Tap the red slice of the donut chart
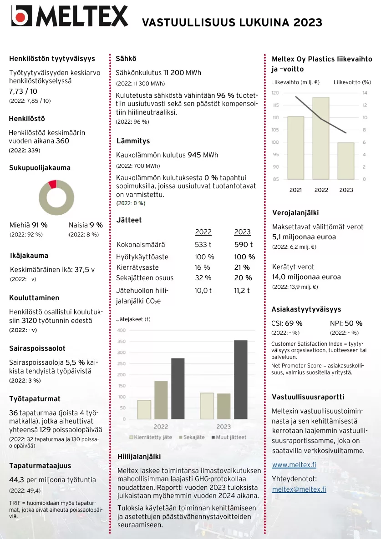coord(53,184)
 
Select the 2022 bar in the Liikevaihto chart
coord(321,138)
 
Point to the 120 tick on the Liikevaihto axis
coord(275,93)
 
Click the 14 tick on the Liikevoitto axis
coord(364,93)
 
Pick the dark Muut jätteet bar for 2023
coord(240,379)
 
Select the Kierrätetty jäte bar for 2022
coord(144,409)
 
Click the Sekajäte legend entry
coord(193,437)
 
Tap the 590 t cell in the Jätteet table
coord(243,245)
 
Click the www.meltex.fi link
coord(294,465)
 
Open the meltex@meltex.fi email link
coord(299,489)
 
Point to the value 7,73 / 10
coord(24,91)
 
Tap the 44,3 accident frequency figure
coord(17,480)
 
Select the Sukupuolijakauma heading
coord(40,168)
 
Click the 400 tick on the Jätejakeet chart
coord(122,330)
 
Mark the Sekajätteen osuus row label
coord(145,278)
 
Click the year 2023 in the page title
coord(308,23)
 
